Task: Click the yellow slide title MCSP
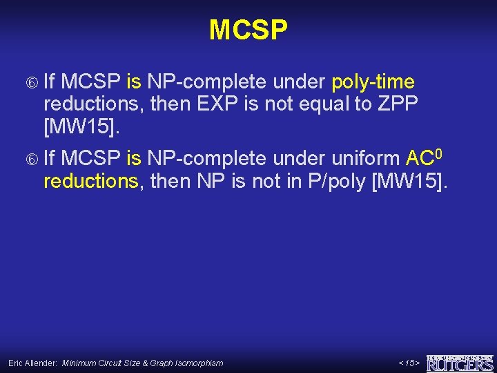tap(248, 30)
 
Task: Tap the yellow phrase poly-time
tap(373, 83)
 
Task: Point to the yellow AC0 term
tap(422, 159)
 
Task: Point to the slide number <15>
tap(409, 363)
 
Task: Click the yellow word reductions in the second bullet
tap(90, 182)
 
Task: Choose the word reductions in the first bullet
tap(90, 104)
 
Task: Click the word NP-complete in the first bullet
tap(206, 83)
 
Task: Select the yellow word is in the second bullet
tap(134, 160)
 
